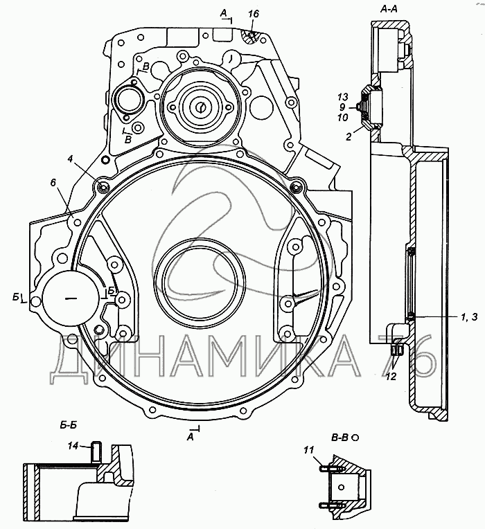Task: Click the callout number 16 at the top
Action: pos(254,14)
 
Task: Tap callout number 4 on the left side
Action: pos(70,159)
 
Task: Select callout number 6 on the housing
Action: pos(53,183)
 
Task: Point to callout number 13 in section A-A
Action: pos(342,97)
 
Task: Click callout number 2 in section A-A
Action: pos(349,136)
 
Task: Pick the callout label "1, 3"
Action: pos(469,317)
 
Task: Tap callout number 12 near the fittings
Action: pos(391,377)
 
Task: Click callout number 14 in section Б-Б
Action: pos(73,446)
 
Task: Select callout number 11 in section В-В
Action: pos(308,449)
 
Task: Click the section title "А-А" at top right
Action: pos(389,10)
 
